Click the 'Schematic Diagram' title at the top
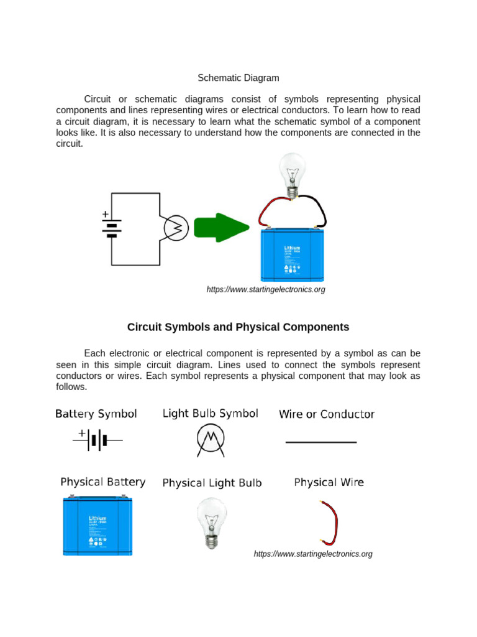[238, 78]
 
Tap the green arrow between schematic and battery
[220, 227]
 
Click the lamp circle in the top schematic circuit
[175, 229]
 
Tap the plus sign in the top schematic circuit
[105, 214]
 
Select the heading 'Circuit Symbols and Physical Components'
[238, 327]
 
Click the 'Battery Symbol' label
[96, 414]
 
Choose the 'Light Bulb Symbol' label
[210, 414]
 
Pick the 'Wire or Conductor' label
[327, 414]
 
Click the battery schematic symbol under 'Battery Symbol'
[98, 440]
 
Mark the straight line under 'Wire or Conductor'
[320, 442]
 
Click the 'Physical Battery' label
[103, 482]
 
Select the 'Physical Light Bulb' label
[212, 483]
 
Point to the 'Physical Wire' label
[329, 482]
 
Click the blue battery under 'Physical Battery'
[98, 524]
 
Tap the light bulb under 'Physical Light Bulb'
[212, 521]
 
